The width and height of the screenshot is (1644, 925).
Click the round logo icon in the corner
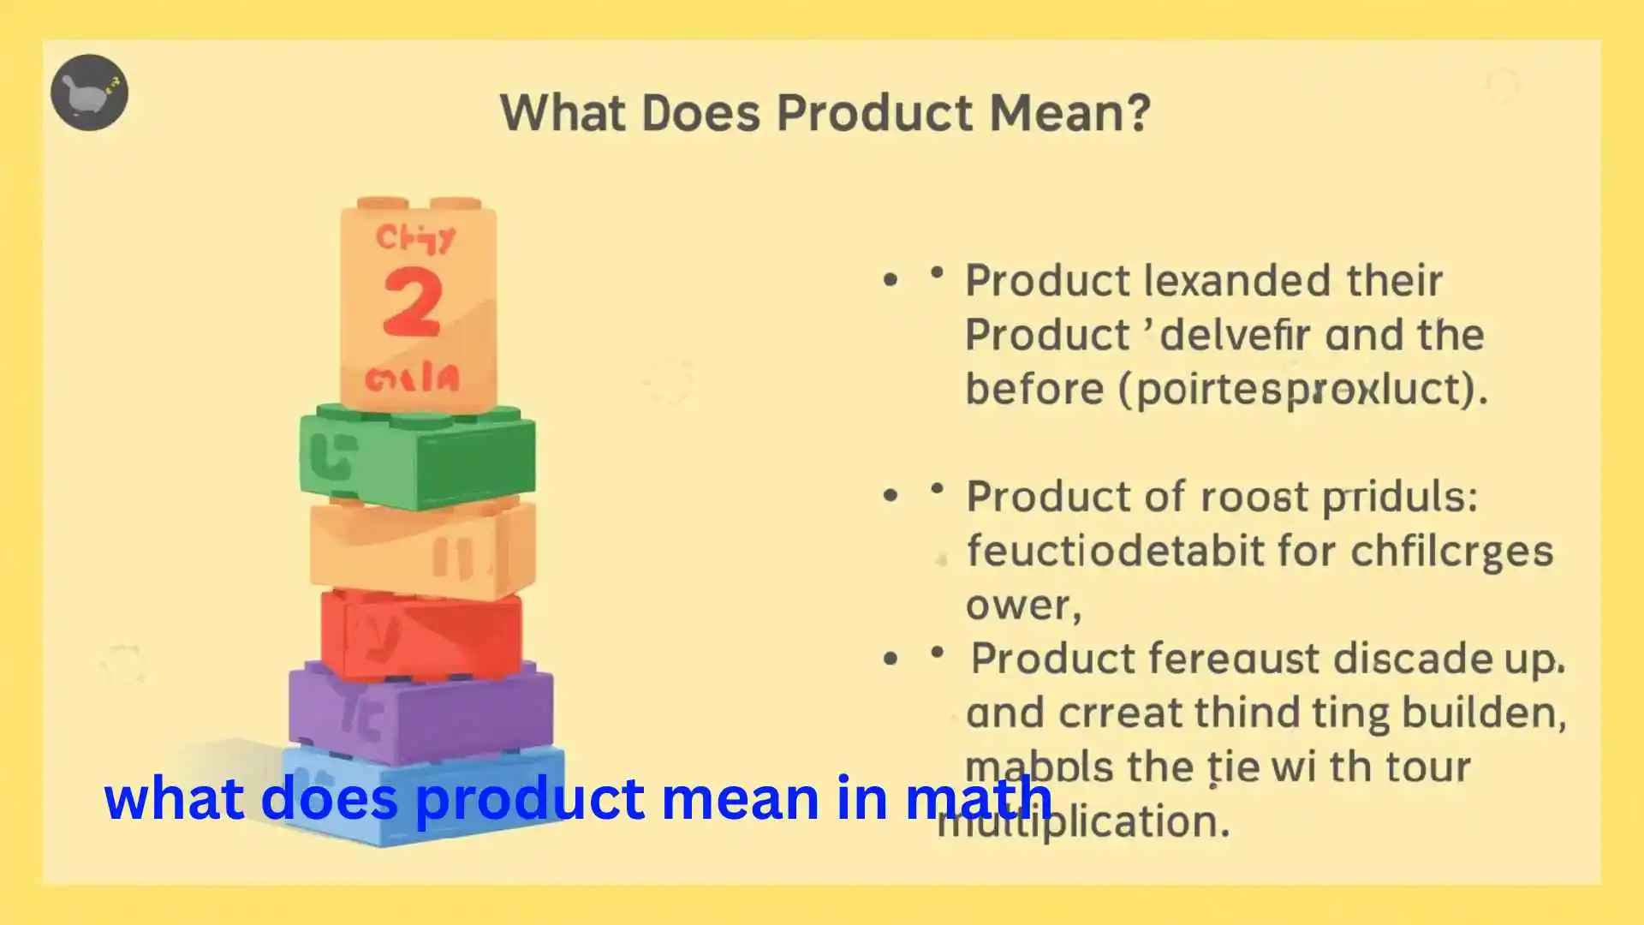tap(89, 92)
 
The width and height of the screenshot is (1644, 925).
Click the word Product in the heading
tap(874, 112)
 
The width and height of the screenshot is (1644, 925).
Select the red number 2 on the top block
tap(412, 301)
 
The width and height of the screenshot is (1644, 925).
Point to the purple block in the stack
tap(420, 716)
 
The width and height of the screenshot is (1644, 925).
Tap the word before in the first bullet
tap(1035, 389)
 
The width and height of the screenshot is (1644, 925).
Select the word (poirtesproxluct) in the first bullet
tap(1302, 389)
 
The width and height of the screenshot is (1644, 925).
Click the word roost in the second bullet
tap(1254, 497)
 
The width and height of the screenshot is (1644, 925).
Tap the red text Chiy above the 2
tap(415, 237)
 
